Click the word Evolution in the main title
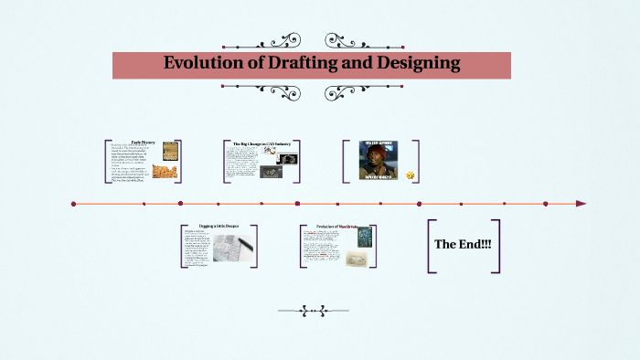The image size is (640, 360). [x=204, y=64]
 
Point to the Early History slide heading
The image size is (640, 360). [x=143, y=143]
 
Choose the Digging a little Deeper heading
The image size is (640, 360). [x=218, y=226]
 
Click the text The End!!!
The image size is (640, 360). [x=464, y=245]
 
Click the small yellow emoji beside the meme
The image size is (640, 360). [x=411, y=175]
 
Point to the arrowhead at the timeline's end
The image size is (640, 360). [x=581, y=204]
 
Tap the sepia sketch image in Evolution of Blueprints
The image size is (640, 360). [x=359, y=259]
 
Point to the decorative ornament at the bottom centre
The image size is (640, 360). [x=319, y=311]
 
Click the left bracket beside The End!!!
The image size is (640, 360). [x=430, y=246]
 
